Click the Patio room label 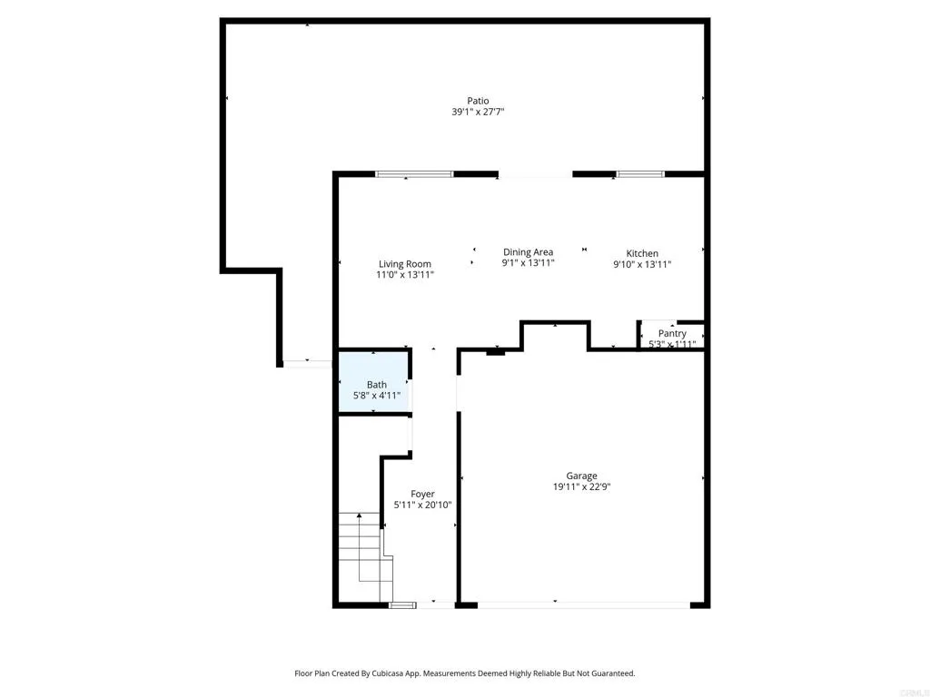pyautogui.click(x=478, y=101)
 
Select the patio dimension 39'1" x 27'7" pyautogui.click(x=478, y=112)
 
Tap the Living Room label pyautogui.click(x=405, y=264)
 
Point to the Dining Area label pyautogui.click(x=528, y=252)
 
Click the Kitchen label pyautogui.click(x=642, y=253)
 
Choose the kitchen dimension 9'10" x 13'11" pyautogui.click(x=642, y=265)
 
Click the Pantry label pyautogui.click(x=672, y=333)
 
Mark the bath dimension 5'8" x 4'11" pyautogui.click(x=376, y=396)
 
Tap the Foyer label pyautogui.click(x=422, y=494)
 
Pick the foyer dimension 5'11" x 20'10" pyautogui.click(x=422, y=506)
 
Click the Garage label pyautogui.click(x=581, y=476)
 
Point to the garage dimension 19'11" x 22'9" pyautogui.click(x=581, y=486)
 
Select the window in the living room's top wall pyautogui.click(x=414, y=173)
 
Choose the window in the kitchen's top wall pyautogui.click(x=640, y=173)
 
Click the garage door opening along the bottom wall pyautogui.click(x=583, y=604)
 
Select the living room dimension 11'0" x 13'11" pyautogui.click(x=405, y=275)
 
